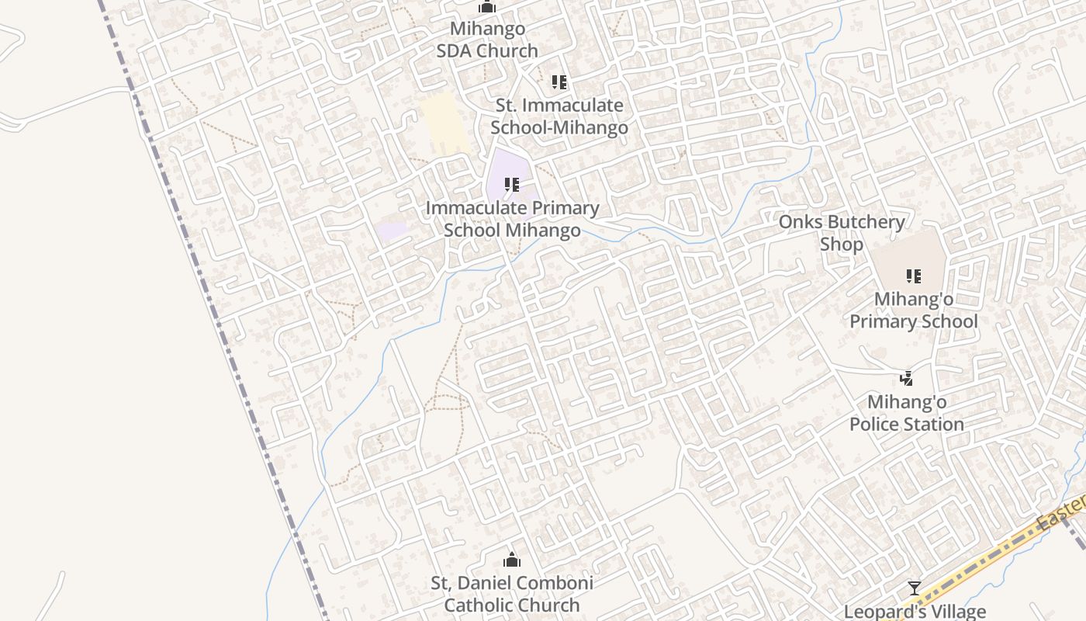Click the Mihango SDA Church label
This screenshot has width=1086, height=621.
click(487, 40)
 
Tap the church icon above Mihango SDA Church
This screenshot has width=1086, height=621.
click(487, 8)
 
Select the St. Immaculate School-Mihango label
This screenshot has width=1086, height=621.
click(559, 116)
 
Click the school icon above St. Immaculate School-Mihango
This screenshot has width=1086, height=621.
click(559, 82)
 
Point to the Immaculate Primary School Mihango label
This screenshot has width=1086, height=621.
click(512, 219)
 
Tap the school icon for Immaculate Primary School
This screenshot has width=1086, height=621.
click(512, 185)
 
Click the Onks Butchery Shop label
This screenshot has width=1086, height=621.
click(842, 233)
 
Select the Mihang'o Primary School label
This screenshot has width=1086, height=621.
click(914, 310)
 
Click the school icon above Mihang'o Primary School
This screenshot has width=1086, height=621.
click(914, 276)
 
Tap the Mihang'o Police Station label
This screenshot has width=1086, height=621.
click(907, 413)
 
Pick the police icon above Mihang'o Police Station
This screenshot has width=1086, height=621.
click(906, 379)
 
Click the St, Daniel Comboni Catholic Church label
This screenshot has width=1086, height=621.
click(512, 594)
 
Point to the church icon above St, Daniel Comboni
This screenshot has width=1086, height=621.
click(512, 560)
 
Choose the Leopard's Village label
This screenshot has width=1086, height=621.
click(915, 612)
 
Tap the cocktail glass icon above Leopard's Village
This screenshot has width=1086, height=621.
click(915, 588)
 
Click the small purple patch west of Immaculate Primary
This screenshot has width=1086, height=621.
click(393, 231)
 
